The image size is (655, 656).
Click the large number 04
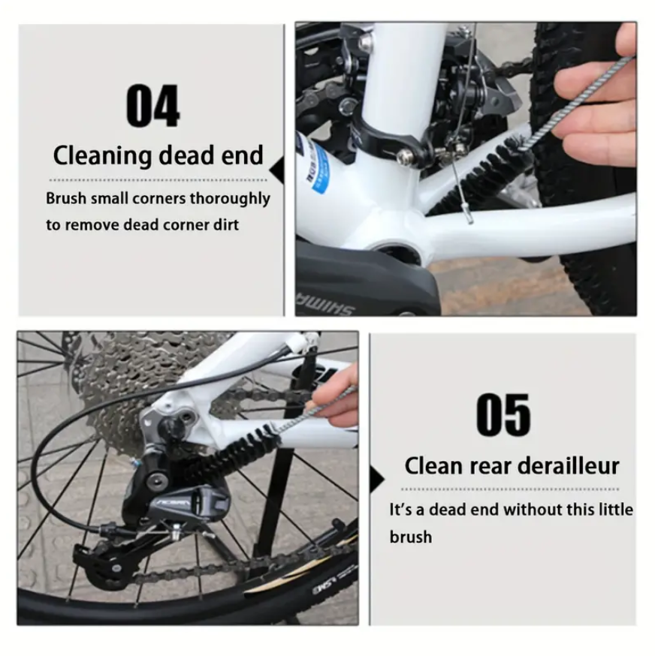[153, 105]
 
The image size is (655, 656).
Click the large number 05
[503, 414]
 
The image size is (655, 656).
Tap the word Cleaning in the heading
[103, 156]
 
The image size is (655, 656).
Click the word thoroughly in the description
[230, 199]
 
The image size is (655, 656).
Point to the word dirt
[226, 224]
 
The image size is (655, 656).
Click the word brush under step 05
[410, 537]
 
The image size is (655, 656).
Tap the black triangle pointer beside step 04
[277, 170]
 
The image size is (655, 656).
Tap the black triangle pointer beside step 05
[377, 479]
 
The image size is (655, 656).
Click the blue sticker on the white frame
[316, 167]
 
